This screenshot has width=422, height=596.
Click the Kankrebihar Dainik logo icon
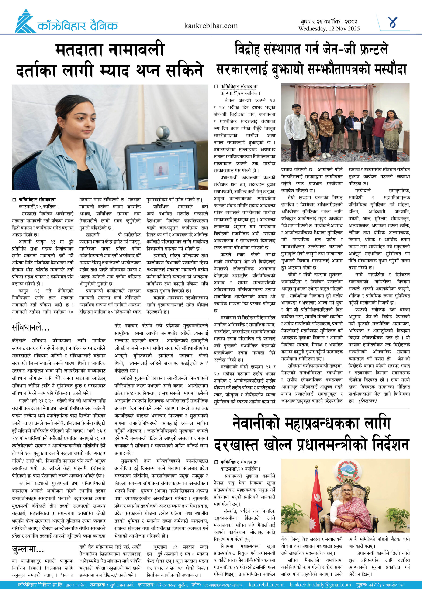click(x=25, y=22)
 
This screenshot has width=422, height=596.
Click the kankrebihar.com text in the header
click(x=211, y=26)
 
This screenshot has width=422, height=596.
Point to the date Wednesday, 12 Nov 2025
click(x=329, y=29)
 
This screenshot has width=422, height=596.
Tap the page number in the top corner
click(x=392, y=22)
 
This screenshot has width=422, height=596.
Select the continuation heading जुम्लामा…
click(x=28, y=549)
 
